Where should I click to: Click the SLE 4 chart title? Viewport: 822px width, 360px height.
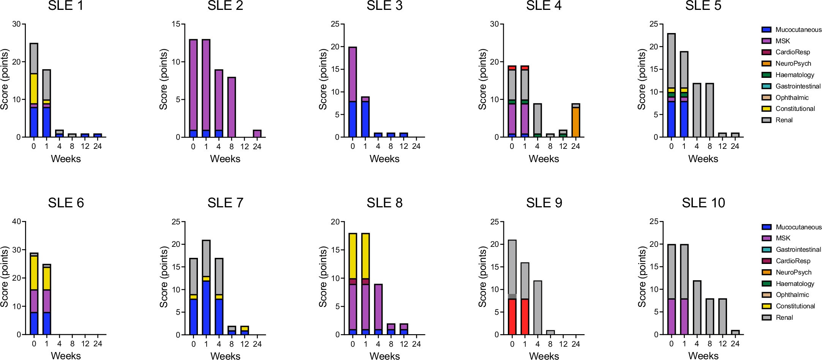tap(544, 6)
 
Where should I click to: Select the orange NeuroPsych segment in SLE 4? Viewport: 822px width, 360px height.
tap(575, 122)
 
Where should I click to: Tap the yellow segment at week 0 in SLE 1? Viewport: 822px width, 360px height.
tap(34, 88)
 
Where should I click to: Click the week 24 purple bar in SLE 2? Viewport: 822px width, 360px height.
tap(257, 134)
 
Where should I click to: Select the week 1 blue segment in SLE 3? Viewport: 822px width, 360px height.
tap(365, 119)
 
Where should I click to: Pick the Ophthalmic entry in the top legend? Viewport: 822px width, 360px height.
tap(792, 98)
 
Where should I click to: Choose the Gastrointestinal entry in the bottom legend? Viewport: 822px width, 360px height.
tap(798, 249)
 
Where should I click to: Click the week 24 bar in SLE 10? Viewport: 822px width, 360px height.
tap(735, 333)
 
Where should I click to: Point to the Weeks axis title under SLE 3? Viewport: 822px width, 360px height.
tap(384, 159)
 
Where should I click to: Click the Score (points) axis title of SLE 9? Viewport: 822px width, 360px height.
tap(483, 276)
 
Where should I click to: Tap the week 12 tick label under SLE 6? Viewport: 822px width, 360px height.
tap(85, 344)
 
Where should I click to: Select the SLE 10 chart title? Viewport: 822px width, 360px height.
tap(703, 203)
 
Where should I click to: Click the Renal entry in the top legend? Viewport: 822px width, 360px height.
tap(784, 120)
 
